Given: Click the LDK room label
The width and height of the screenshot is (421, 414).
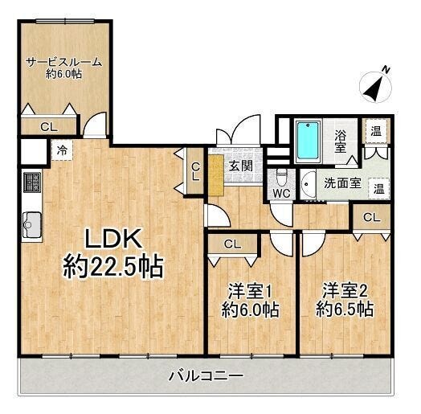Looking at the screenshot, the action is (113, 239).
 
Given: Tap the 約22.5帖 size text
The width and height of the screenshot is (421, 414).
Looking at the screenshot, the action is (113, 267).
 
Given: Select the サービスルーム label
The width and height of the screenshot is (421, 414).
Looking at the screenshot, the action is (64, 62).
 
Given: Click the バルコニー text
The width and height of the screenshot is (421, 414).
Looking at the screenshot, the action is (206, 376).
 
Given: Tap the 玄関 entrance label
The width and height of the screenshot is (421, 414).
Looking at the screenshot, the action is (240, 166).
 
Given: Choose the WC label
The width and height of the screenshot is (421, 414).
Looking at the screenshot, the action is (281, 193).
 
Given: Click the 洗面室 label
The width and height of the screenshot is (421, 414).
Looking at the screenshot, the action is (342, 183).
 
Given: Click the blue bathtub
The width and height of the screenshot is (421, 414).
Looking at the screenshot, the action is (309, 141).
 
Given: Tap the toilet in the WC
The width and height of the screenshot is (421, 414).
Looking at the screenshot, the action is (281, 178).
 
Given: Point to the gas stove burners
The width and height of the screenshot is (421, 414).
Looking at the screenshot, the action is (32, 182).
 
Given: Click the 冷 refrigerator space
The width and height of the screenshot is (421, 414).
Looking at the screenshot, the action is (62, 150).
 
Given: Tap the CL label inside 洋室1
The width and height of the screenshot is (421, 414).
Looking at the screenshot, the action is (232, 244).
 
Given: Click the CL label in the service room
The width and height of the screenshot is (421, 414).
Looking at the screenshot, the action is (48, 127).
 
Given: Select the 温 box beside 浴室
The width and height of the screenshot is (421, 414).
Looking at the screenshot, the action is (376, 131).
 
